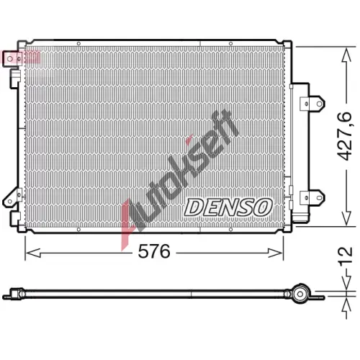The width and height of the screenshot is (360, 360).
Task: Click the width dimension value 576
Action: tap(154, 251)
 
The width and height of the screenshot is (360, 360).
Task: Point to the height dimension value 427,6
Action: tap(345, 136)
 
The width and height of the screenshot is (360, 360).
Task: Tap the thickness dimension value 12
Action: tap(346, 256)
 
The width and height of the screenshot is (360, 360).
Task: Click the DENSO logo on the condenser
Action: tap(228, 207)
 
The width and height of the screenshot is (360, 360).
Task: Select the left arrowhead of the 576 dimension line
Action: tap(32, 253)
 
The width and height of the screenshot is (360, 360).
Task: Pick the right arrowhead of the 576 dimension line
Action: tap(276, 253)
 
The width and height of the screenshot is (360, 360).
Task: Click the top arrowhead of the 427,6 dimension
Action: tap(346, 55)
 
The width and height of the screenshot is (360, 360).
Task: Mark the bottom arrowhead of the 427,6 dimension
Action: tap(346, 218)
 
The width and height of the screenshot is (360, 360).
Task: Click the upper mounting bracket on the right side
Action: tap(312, 104)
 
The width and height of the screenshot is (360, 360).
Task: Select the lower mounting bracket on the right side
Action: tap(312, 197)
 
